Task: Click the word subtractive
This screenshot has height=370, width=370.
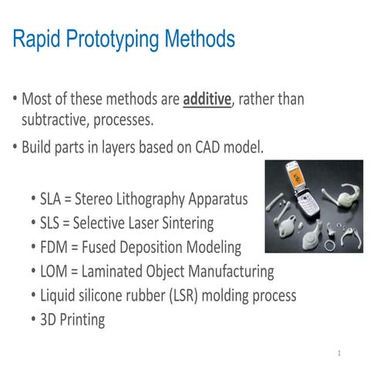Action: tap(57, 120)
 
